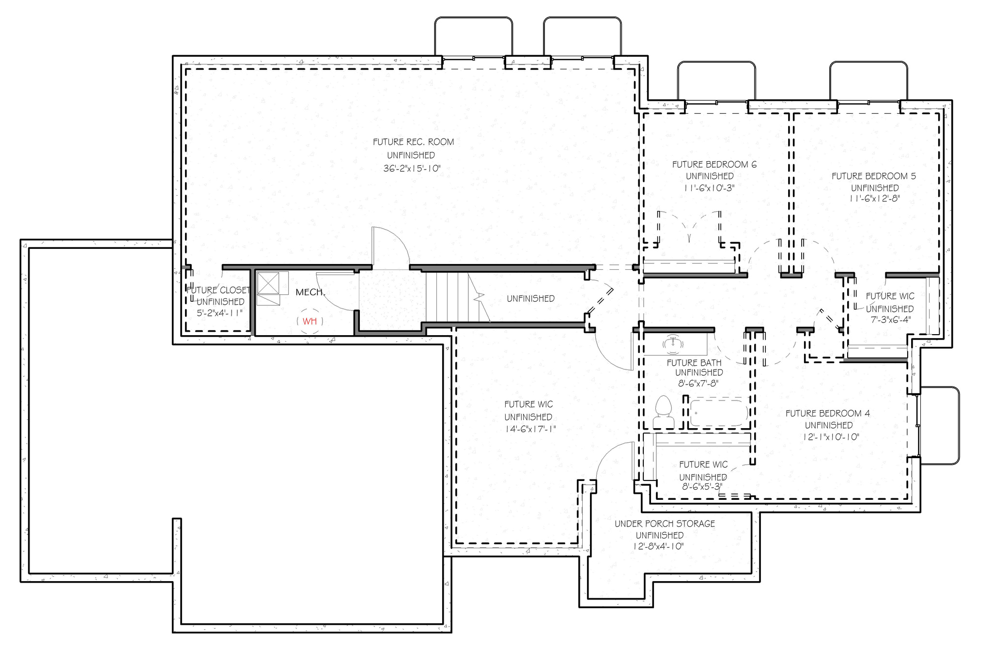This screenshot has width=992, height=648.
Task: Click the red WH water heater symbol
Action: (x=310, y=321)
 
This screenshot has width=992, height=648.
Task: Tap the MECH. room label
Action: (x=310, y=292)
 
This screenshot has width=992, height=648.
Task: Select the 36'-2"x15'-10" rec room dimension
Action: (x=412, y=169)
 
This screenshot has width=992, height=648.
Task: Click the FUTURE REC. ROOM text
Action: (x=413, y=142)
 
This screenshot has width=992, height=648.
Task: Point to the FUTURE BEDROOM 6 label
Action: (x=714, y=164)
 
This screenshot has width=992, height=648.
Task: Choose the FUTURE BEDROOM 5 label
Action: (x=874, y=176)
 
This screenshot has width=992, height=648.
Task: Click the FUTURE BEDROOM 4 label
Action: (x=827, y=413)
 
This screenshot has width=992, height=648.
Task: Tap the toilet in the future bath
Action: (x=663, y=412)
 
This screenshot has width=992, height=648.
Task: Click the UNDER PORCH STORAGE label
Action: (x=665, y=524)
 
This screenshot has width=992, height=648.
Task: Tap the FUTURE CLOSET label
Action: (x=218, y=290)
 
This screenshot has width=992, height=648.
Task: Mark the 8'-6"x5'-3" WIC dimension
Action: (x=702, y=487)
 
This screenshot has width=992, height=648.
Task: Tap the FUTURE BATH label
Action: (x=694, y=362)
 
